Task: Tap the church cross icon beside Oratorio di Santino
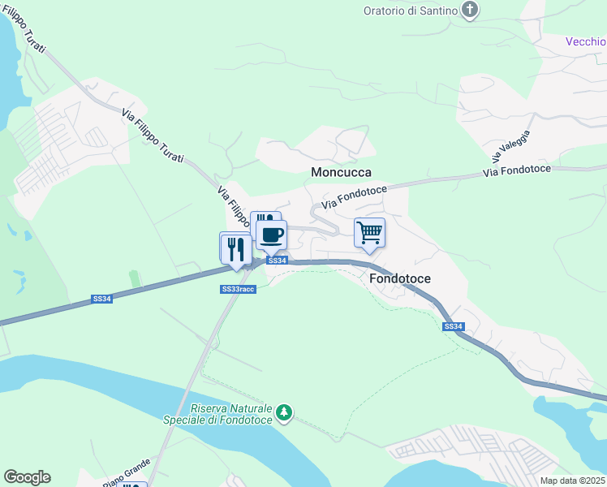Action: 469,10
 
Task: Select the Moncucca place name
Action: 341,172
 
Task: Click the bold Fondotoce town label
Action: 400,278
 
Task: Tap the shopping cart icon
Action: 369,233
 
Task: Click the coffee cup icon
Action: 272,235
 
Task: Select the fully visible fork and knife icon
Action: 236,248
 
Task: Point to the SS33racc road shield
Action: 238,289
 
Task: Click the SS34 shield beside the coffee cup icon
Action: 278,261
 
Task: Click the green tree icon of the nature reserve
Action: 283,413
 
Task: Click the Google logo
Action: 27,477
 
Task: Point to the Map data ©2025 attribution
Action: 573,481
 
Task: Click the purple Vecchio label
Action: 585,41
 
